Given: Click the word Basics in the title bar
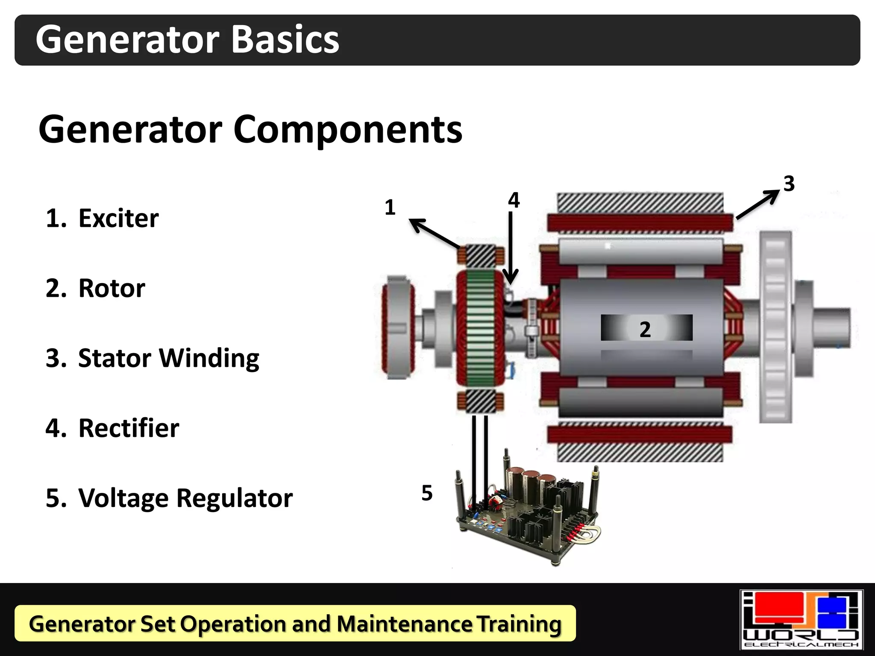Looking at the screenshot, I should tap(285, 39).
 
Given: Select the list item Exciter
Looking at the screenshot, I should tap(118, 218).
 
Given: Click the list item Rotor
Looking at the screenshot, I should tap(112, 288).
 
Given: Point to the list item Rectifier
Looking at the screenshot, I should tap(129, 428).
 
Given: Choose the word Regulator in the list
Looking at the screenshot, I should tap(235, 498).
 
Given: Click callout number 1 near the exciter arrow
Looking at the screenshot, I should tap(390, 208).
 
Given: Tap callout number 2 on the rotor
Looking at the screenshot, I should tap(645, 329).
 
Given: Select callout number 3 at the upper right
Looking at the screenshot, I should tap(789, 184).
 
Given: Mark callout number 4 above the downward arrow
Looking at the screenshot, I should tap(514, 200).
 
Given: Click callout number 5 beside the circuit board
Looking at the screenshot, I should tap(427, 493).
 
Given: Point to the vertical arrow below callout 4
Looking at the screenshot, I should tap(511, 248).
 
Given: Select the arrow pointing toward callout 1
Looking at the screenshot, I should tap(434, 233).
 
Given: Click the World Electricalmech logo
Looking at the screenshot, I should tap(802, 619).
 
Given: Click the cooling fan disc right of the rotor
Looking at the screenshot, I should tap(775, 327).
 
